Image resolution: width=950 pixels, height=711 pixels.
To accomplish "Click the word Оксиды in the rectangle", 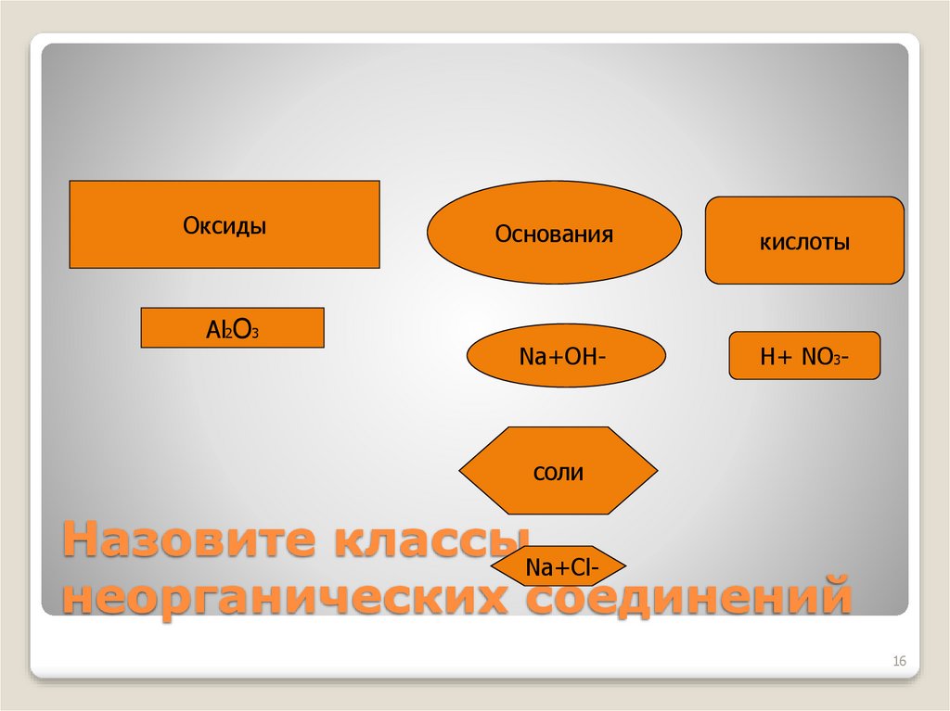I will (224, 225).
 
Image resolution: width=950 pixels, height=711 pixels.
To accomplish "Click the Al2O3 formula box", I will (232, 328).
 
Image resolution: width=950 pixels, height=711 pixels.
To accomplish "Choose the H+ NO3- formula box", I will (804, 356).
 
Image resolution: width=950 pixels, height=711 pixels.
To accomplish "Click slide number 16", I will (898, 661).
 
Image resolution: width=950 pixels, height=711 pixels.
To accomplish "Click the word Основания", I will (554, 233).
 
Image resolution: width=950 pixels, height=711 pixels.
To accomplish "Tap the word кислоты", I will (804, 243).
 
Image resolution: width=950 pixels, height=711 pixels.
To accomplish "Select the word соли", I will (558, 473).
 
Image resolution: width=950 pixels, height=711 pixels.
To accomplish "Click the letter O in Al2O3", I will (238, 328).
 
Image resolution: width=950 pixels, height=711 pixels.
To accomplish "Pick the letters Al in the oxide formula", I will (215, 328).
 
